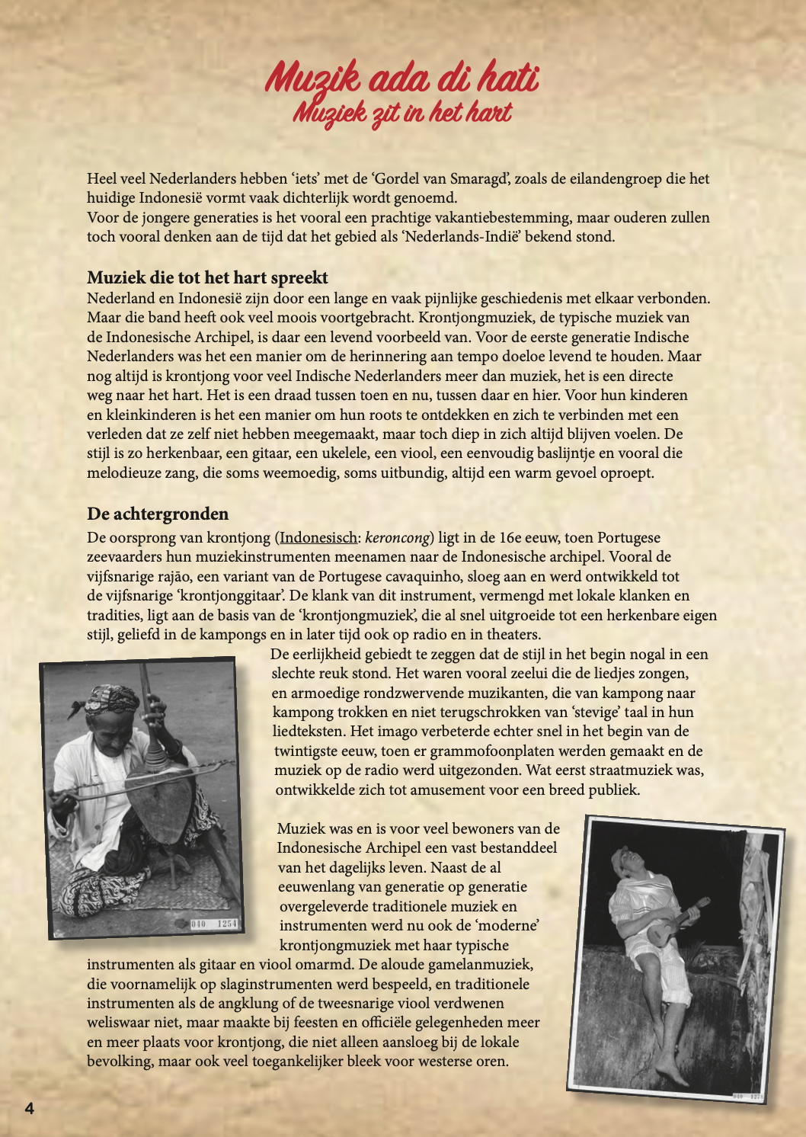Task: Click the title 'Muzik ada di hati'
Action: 402,78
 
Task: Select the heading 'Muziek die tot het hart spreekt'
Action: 207,277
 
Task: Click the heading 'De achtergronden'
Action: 158,514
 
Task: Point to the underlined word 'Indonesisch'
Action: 318,538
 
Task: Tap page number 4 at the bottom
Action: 30,1109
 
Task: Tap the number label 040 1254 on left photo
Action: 214,924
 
